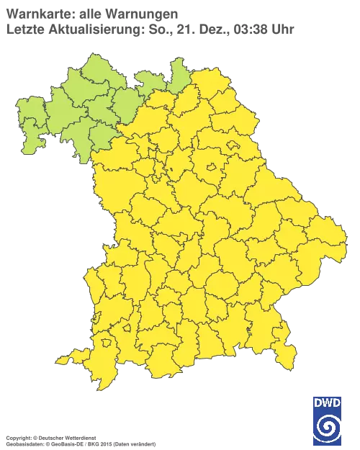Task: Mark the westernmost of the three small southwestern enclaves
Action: point(96,315)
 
